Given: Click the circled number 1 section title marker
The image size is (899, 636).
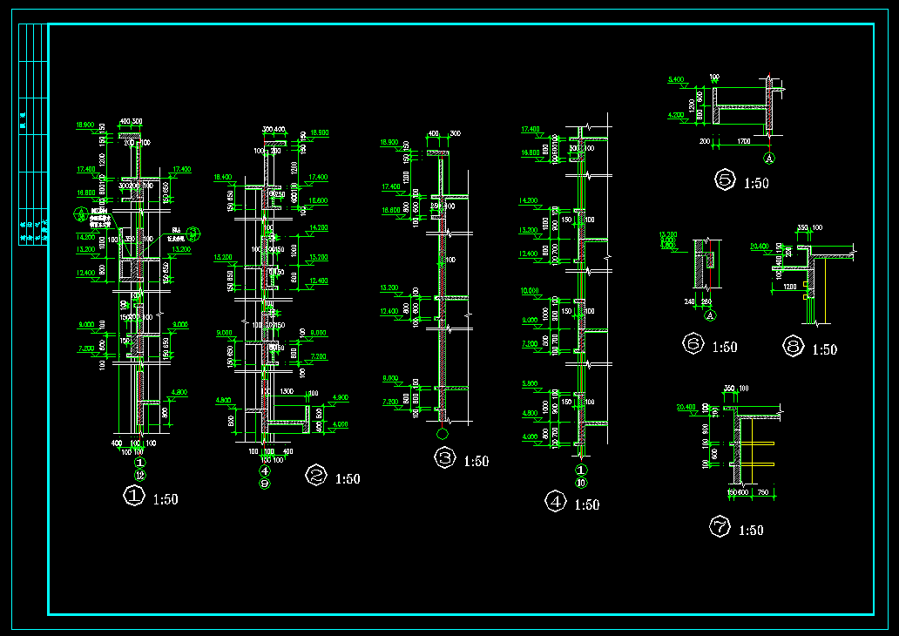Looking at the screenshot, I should pyautogui.click(x=133, y=497).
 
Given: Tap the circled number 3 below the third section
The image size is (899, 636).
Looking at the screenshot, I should pyautogui.click(x=445, y=458).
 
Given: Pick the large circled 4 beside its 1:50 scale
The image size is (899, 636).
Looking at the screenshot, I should pyautogui.click(x=555, y=501).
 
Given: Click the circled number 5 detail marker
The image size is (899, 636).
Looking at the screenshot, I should pyautogui.click(x=725, y=180).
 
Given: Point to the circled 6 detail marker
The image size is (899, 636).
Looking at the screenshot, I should pyautogui.click(x=693, y=344).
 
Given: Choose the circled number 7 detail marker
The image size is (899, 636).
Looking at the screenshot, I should pyautogui.click(x=720, y=526).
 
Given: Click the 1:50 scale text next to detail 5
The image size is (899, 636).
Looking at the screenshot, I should pyautogui.click(x=755, y=183).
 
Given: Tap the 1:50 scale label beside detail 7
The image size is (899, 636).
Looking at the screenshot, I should pyautogui.click(x=750, y=530).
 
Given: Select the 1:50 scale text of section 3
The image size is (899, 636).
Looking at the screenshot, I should pyautogui.click(x=476, y=461).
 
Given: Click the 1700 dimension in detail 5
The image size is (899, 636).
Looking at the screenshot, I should pyautogui.click(x=744, y=139).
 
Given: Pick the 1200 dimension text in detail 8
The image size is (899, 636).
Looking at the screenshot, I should pyautogui.click(x=789, y=286).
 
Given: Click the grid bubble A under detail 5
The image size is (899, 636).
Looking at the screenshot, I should pyautogui.click(x=768, y=159).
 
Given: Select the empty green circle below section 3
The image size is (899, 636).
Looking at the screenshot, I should pyautogui.click(x=442, y=433).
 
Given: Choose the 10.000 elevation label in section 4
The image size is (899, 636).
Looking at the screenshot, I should pyautogui.click(x=530, y=291).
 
